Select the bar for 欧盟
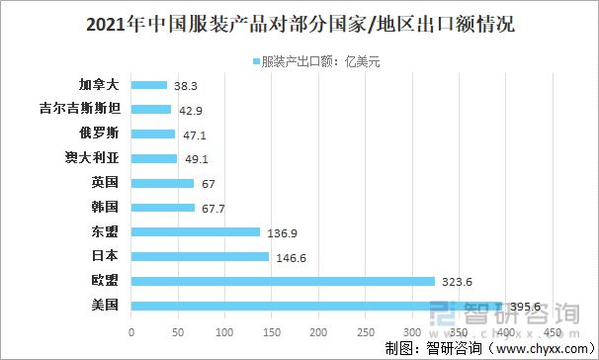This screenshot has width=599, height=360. click(x=283, y=281)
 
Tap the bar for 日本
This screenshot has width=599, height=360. click(x=200, y=256)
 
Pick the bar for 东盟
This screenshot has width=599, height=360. click(x=196, y=232)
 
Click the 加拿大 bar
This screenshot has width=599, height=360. click(x=149, y=85)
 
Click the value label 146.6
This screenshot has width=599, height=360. click(x=291, y=257)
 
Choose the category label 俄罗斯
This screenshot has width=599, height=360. click(x=99, y=134)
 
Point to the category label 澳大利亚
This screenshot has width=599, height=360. click(x=91, y=158)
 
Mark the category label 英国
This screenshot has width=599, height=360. click(x=105, y=183)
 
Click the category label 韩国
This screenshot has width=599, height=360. click(x=105, y=208)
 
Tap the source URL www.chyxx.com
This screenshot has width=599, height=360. click(x=535, y=348)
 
